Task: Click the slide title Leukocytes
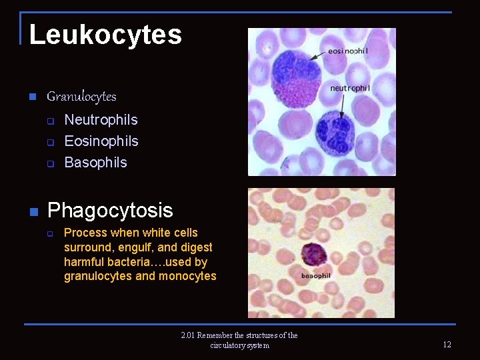(x=105, y=35)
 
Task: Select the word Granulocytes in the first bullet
(x=81, y=97)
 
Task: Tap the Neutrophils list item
(x=101, y=120)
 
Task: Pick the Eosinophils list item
(x=101, y=141)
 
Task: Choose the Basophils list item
(x=95, y=163)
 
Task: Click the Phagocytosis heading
(x=110, y=211)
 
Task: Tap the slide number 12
(x=447, y=345)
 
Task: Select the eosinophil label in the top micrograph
(x=348, y=51)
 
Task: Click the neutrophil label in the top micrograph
(x=350, y=88)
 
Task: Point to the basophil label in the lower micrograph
(x=315, y=275)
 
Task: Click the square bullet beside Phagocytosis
(x=32, y=212)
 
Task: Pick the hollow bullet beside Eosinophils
(x=49, y=142)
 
